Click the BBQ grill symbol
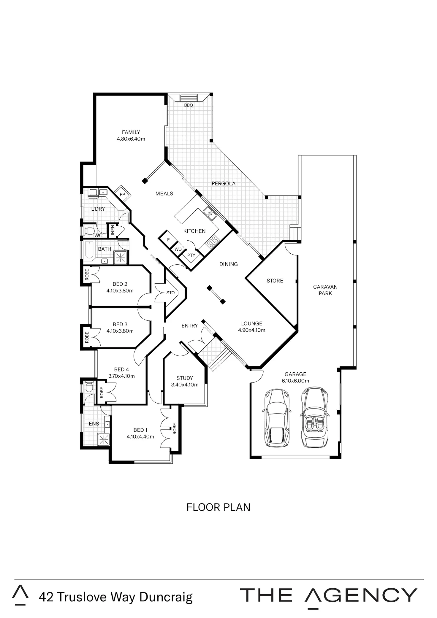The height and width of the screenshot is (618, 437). coord(189,98)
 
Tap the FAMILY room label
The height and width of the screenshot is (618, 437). coord(131,132)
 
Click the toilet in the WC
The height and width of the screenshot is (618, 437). coord(89,231)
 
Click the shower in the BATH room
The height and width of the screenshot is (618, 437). coord(121,258)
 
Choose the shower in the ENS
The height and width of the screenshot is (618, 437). coord(104,440)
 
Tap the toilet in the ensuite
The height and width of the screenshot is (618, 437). coord(89,387)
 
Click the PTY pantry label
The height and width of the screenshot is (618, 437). coord(191,255)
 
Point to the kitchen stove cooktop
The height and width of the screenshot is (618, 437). coord(213,241)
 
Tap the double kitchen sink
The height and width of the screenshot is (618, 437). coord(210,214)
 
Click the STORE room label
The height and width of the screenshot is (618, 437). coord(275,281)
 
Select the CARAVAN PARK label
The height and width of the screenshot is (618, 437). coord(325,290)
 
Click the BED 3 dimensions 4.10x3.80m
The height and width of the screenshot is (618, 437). coord(120,331)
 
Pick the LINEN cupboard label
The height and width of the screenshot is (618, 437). coord(113,231)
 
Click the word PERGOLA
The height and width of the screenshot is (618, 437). coord(224,184)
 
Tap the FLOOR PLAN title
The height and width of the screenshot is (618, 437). coord(218,507)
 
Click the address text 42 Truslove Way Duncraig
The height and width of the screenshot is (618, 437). coord(115,597)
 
